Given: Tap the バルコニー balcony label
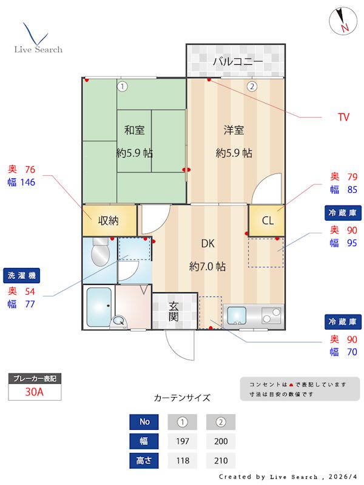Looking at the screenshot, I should (237, 62).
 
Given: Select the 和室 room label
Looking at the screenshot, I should (134, 130).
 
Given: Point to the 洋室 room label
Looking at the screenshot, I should (234, 130).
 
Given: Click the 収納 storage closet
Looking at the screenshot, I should (109, 221).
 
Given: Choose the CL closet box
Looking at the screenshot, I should (267, 221).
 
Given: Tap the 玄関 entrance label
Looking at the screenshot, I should (174, 310).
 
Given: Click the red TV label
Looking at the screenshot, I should (343, 117).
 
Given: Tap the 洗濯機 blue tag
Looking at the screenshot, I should (21, 276).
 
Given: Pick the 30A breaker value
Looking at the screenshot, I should (35, 392).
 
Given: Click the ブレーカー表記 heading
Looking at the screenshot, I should (35, 378).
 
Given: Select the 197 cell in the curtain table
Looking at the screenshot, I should (183, 441).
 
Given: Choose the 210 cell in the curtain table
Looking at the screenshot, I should (221, 461).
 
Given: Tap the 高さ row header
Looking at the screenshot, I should (144, 461).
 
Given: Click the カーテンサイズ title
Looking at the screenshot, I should (182, 398).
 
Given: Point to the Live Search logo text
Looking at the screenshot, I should (38, 49).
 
